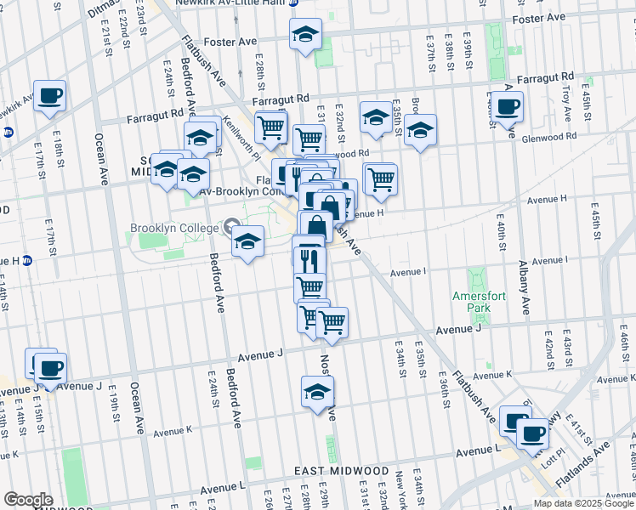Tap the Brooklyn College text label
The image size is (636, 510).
tap(175, 228)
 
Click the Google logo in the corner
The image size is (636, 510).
tap(28, 499)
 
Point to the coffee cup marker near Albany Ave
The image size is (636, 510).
tap(508, 106)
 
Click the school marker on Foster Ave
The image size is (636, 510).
tap(304, 34)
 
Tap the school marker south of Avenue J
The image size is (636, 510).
tap(318, 392)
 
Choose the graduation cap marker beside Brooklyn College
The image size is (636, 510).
tap(247, 241)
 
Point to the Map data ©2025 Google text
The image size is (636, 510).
tap(583, 503)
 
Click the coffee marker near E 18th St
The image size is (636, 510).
tap(49, 94)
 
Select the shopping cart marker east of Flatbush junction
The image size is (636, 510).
tap(380, 178)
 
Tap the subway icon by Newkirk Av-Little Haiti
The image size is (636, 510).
tap(293, 3)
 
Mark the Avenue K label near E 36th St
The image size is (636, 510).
tap(492, 375)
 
